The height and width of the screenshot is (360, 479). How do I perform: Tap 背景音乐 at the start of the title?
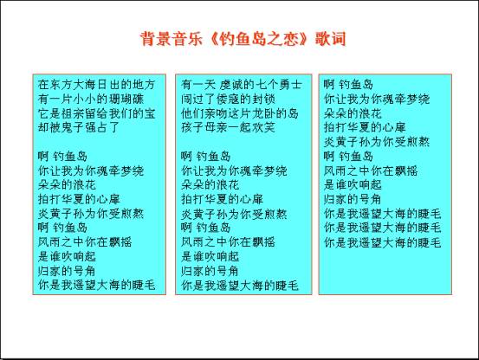click(x=172, y=39)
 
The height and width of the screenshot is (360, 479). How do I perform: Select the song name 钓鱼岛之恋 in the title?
click(x=258, y=39)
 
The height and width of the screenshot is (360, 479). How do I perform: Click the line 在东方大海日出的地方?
click(x=96, y=85)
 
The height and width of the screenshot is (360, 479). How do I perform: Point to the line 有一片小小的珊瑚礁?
click(x=91, y=99)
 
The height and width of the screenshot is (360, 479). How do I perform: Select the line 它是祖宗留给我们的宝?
click(x=96, y=113)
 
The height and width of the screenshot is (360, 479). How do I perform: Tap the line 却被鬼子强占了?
click(x=79, y=127)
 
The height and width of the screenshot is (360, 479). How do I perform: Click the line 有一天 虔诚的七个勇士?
click(x=242, y=85)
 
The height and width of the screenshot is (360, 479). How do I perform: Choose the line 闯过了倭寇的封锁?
click(x=228, y=99)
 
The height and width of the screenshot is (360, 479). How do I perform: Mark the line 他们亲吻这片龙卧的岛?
click(x=239, y=113)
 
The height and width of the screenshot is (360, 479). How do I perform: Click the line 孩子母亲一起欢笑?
click(x=228, y=127)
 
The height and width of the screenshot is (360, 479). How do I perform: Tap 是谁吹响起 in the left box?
click(x=67, y=256)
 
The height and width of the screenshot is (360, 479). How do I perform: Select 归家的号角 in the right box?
click(x=353, y=199)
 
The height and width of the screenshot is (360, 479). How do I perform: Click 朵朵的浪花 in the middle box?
click(x=210, y=184)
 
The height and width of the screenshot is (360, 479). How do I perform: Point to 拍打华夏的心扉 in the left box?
click(x=79, y=199)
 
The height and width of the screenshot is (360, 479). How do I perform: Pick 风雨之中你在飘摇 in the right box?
click(x=371, y=170)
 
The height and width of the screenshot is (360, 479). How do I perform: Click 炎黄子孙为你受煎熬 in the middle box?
click(x=234, y=214)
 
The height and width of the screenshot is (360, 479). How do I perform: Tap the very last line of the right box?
click(x=383, y=242)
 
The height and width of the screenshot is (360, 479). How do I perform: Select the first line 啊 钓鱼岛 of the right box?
click(x=348, y=85)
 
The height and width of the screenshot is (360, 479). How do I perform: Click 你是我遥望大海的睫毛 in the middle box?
click(x=239, y=286)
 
